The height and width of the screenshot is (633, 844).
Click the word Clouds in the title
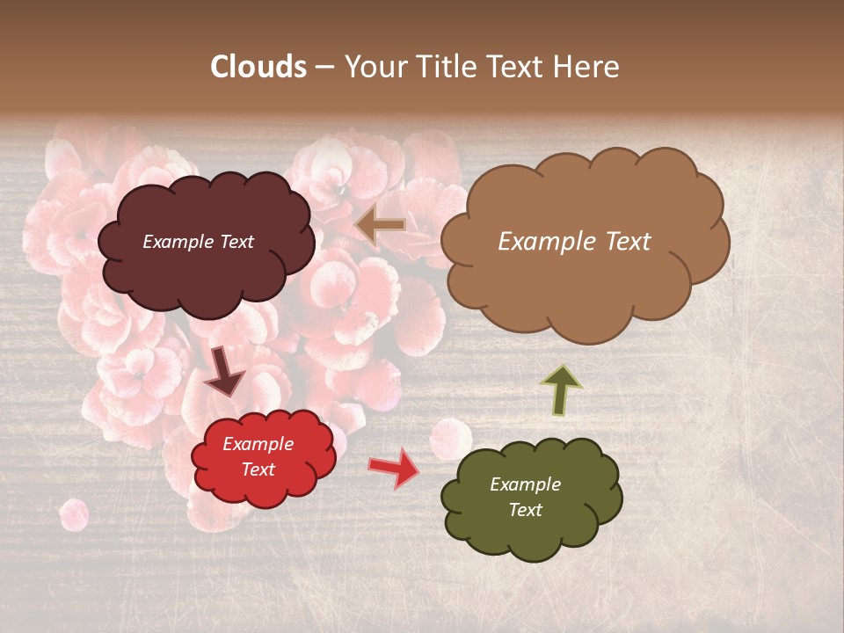(258, 67)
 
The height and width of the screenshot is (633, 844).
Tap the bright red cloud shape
(263, 484)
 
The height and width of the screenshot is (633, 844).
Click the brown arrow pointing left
(381, 225)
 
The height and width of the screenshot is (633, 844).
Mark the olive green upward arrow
(561, 389)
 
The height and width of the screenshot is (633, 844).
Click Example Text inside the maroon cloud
(198, 242)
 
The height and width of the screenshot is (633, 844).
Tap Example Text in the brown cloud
(574, 242)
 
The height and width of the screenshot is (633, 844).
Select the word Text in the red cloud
(258, 469)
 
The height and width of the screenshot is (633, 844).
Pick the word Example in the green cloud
(525, 484)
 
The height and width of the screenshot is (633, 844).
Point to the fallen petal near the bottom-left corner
(73, 514)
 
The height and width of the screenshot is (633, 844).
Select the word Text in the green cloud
(525, 510)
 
